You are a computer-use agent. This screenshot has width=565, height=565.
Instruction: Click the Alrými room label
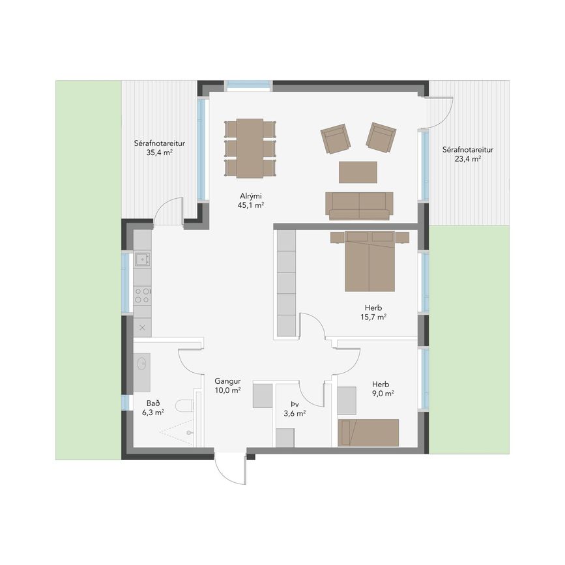point(251,196)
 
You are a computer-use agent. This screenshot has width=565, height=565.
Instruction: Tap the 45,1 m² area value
point(251,205)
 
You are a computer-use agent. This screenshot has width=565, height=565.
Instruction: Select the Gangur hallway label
point(227,381)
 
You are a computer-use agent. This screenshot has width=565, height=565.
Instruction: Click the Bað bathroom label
point(153,403)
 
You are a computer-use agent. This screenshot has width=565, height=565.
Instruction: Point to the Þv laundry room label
point(295,404)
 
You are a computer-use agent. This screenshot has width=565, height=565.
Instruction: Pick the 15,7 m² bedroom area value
point(373,317)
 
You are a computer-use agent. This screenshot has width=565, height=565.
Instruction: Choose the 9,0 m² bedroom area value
point(383,394)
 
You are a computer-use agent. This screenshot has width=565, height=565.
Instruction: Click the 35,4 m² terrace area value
point(159,152)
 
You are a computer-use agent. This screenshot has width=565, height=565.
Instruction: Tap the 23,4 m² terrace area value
point(468,158)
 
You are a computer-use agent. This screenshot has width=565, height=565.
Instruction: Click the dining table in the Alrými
point(250,148)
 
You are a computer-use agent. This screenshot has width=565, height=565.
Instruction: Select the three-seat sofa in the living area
point(359,206)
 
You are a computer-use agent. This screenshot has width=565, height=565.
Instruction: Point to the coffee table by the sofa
point(358,172)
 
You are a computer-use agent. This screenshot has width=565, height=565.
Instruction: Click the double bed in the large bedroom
point(369,261)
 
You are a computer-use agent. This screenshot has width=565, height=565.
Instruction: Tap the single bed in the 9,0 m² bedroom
point(368,433)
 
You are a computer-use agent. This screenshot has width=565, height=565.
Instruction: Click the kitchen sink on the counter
point(142,259)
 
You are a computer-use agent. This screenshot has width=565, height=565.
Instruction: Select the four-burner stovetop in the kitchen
point(142,295)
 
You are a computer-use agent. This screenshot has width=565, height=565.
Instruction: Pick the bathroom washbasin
point(142,363)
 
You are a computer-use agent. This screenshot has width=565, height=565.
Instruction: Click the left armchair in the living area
point(336,139)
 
